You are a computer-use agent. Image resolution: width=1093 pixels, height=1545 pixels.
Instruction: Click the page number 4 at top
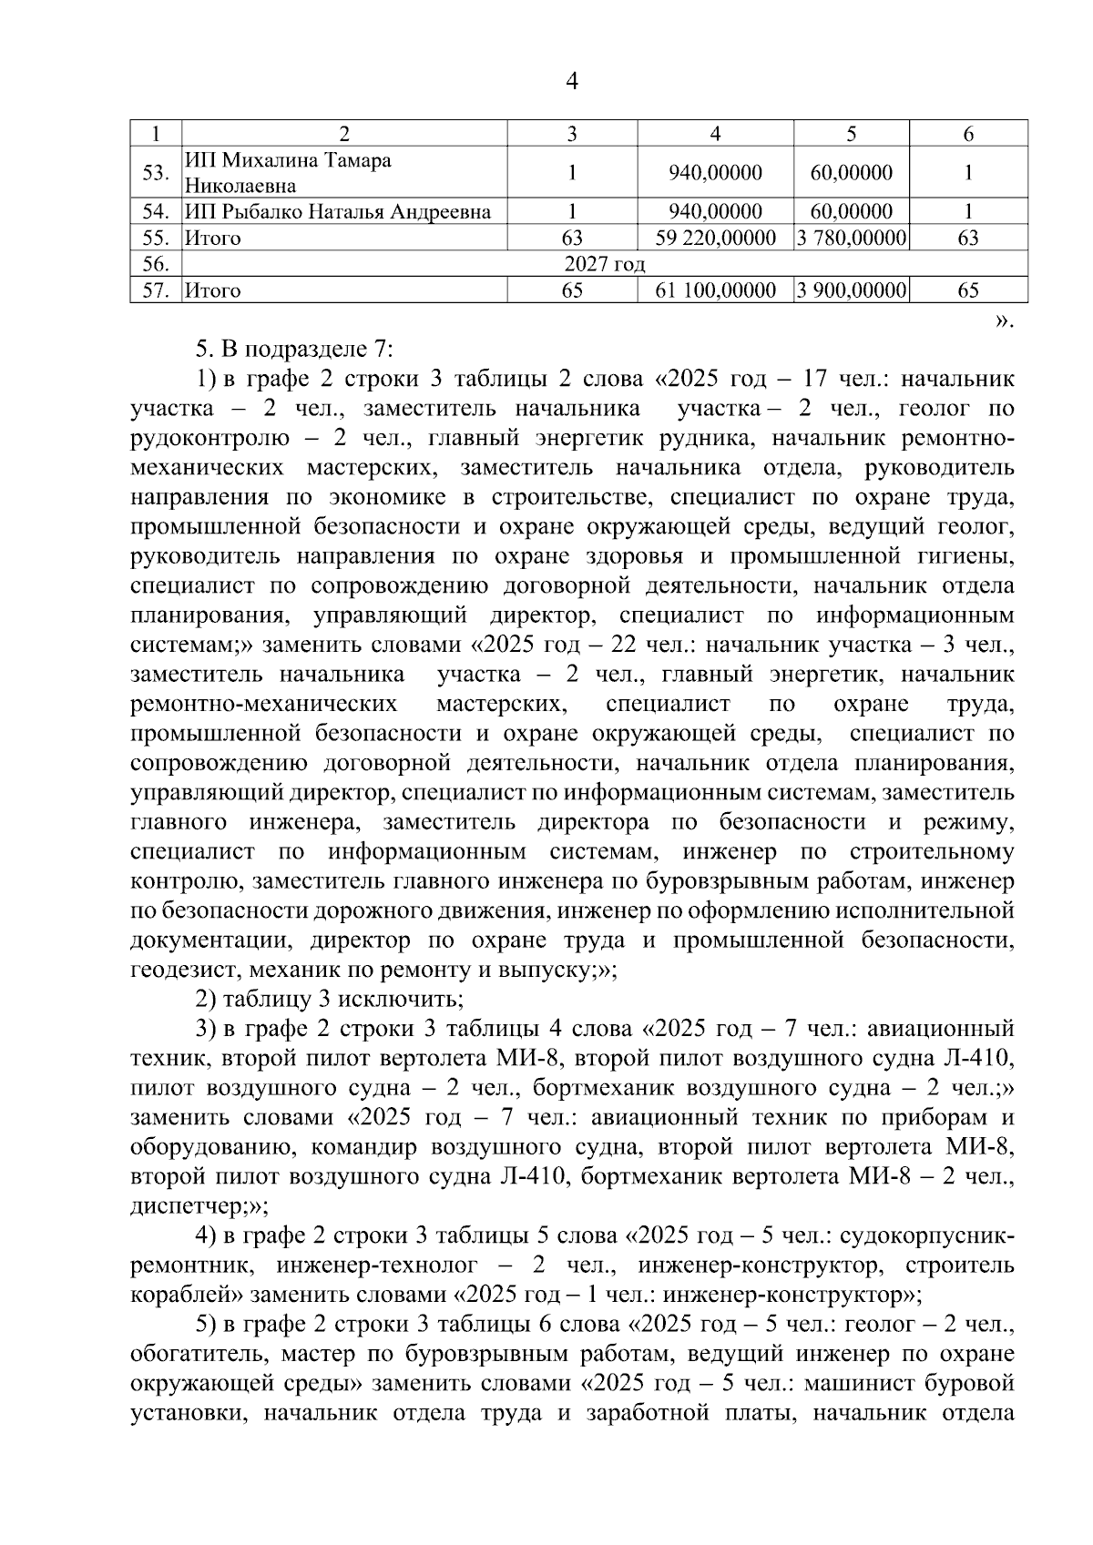click(x=572, y=82)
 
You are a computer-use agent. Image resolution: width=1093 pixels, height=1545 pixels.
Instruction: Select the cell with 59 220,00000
click(x=716, y=239)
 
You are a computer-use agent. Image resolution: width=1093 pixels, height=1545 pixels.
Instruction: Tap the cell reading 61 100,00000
click(x=716, y=290)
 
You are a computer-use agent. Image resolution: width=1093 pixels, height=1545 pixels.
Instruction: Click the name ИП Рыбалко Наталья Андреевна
click(x=338, y=212)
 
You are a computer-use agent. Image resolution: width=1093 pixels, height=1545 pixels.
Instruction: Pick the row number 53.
click(x=157, y=173)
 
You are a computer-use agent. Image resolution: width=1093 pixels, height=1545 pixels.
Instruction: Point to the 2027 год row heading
click(x=605, y=265)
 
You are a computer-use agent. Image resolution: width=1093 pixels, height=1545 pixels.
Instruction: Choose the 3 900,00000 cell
click(x=852, y=290)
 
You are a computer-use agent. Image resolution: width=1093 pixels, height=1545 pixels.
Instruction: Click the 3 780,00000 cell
click(x=852, y=239)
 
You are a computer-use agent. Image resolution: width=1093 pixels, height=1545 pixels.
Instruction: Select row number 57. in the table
click(x=157, y=290)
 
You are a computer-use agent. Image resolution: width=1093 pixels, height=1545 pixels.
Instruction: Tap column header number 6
click(x=968, y=134)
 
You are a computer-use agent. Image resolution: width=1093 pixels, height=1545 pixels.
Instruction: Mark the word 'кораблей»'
click(x=186, y=1296)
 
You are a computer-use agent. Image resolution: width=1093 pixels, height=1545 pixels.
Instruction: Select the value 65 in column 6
click(x=968, y=290)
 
